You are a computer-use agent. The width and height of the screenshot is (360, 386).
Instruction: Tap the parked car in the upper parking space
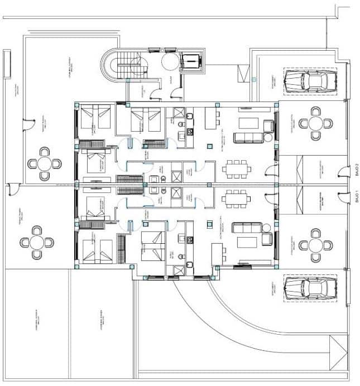309,81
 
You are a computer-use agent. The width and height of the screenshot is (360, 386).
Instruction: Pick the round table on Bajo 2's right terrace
315,124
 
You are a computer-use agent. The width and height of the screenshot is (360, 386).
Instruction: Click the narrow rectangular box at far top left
7,64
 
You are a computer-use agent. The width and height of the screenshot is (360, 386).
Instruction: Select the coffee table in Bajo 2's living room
247,123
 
